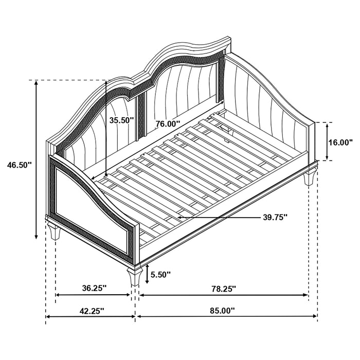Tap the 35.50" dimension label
[122, 120]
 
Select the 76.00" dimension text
[168, 124]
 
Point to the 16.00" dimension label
[340, 142]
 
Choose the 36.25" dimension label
[93, 289]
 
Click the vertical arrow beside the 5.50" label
[148, 274]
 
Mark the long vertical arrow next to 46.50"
[36, 159]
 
